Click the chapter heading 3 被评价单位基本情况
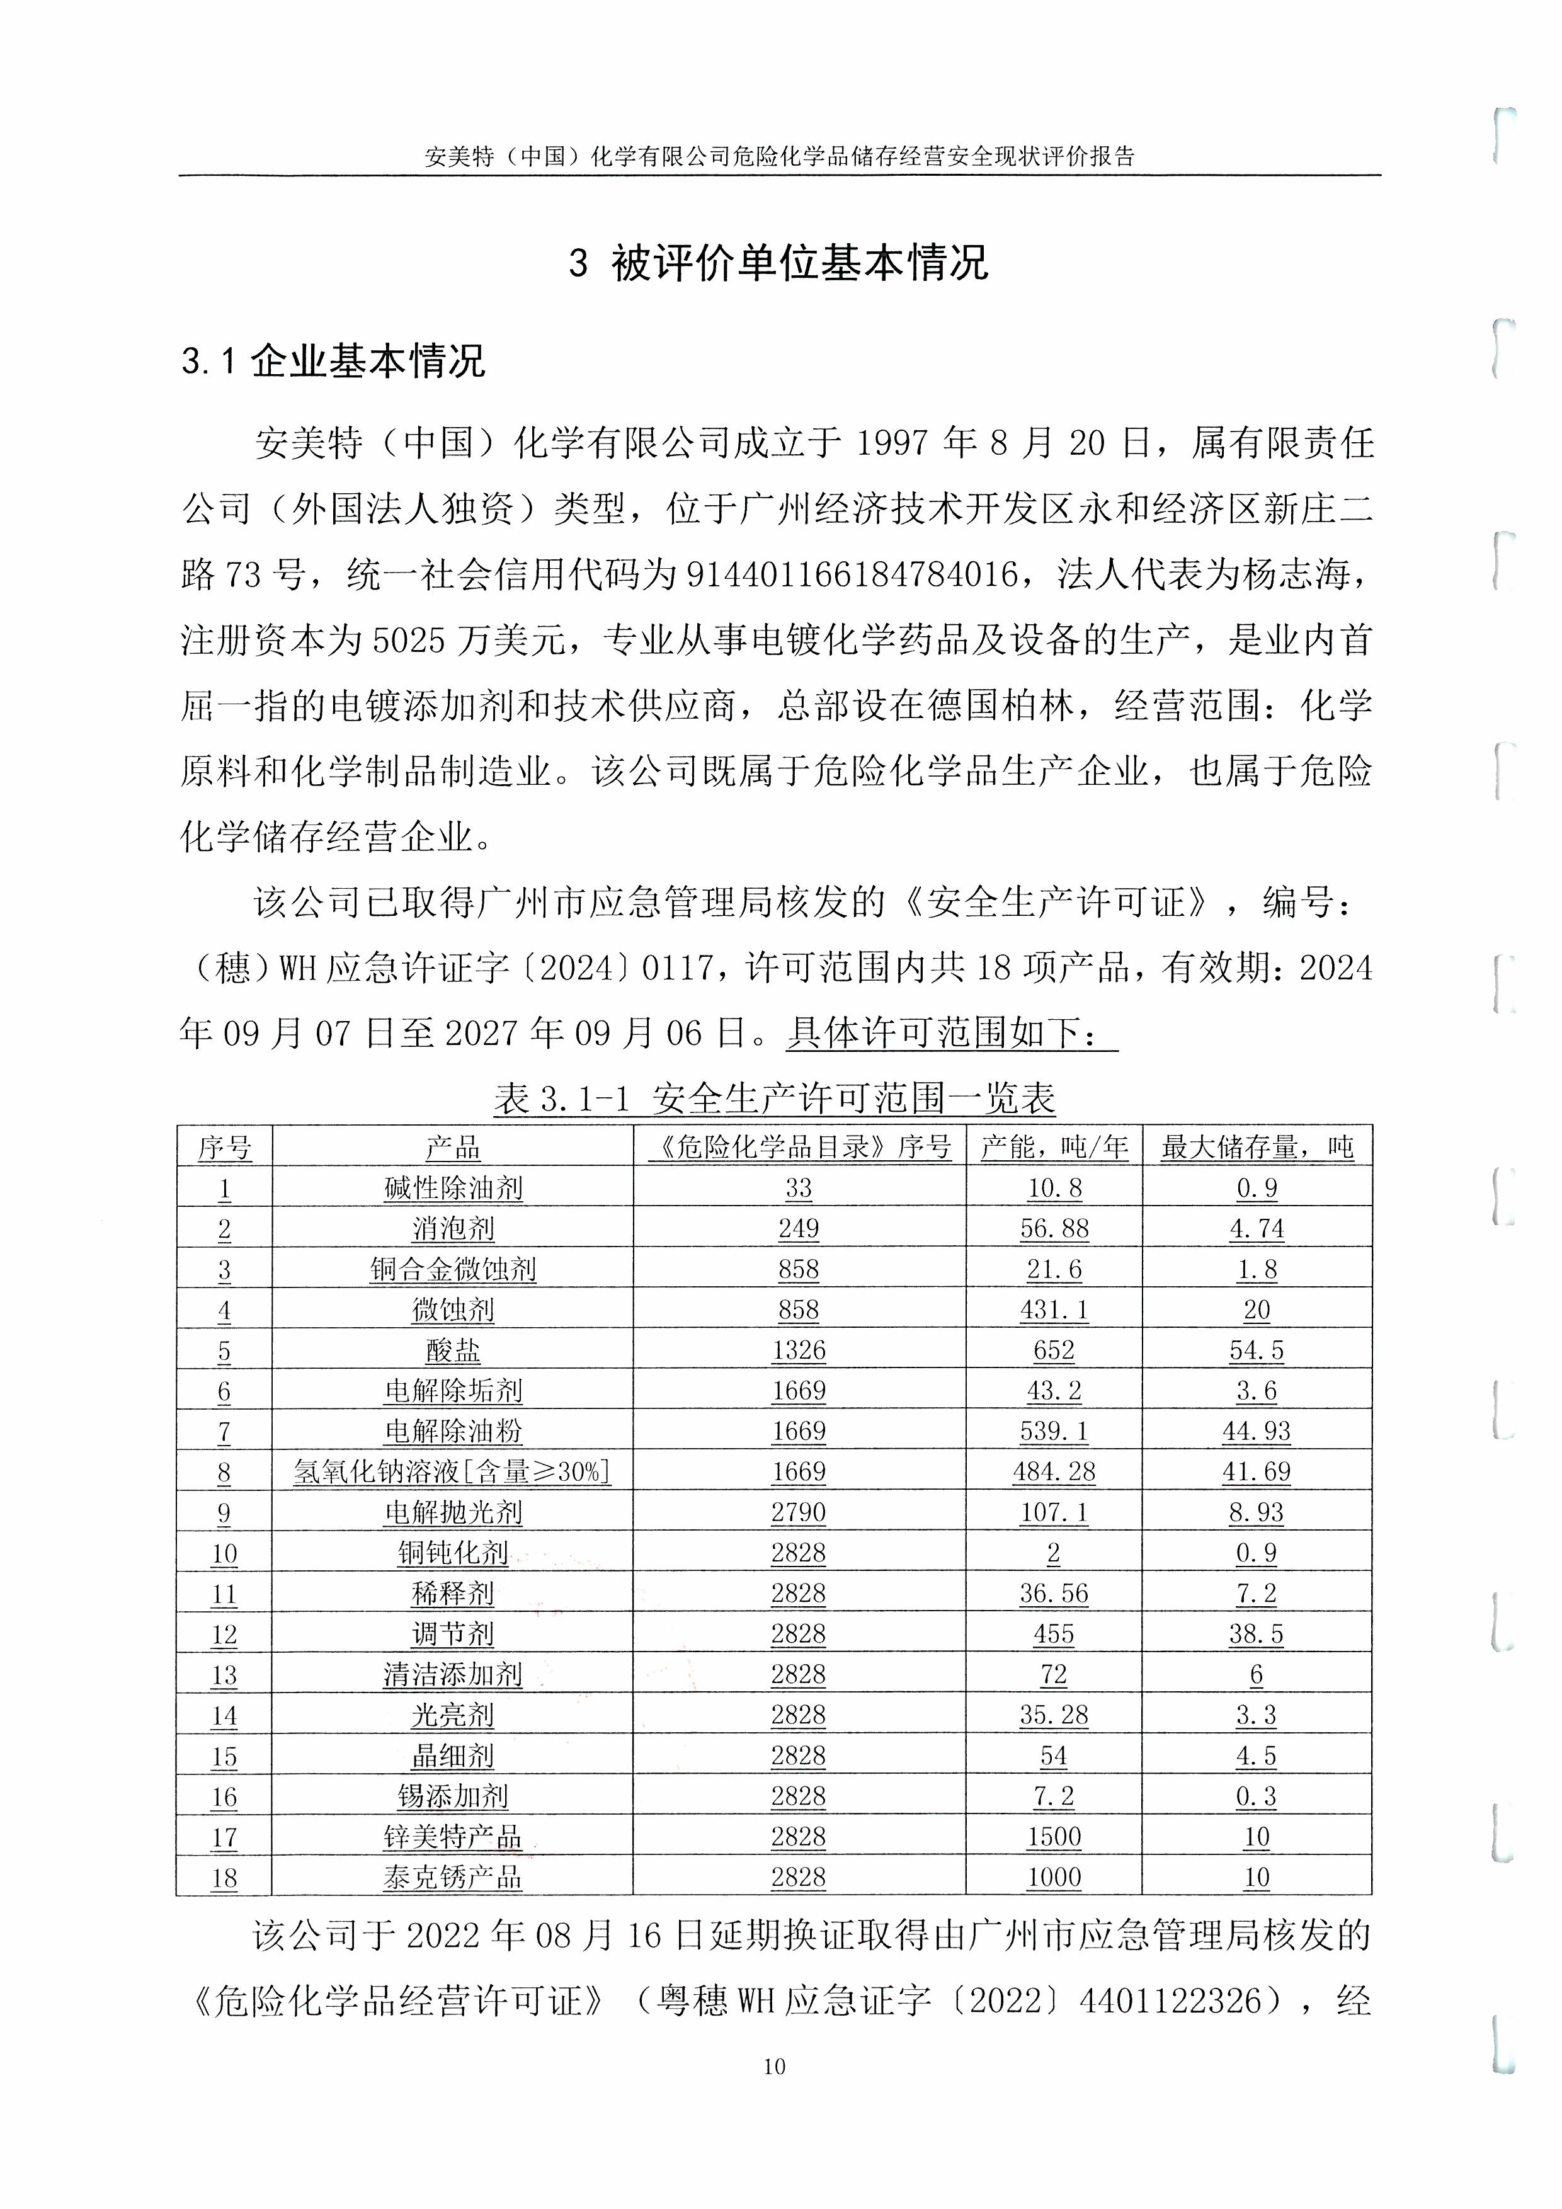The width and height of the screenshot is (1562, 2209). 779,263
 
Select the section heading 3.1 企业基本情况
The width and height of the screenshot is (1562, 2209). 333,361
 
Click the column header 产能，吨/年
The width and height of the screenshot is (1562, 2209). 1054,1147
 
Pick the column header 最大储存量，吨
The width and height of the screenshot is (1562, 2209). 1257,1147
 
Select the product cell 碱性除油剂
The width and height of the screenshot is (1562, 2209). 453,1188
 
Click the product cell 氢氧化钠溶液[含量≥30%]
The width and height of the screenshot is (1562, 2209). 453,1472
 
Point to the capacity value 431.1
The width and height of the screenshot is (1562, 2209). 1054,1310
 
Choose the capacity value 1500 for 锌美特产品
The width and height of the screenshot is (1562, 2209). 1054,1837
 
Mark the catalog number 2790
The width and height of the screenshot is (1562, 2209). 798,1512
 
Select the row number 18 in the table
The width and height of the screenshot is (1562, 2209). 224,1877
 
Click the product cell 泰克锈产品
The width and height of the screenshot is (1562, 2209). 453,1877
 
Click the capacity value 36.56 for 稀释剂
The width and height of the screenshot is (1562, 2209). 1054,1593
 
